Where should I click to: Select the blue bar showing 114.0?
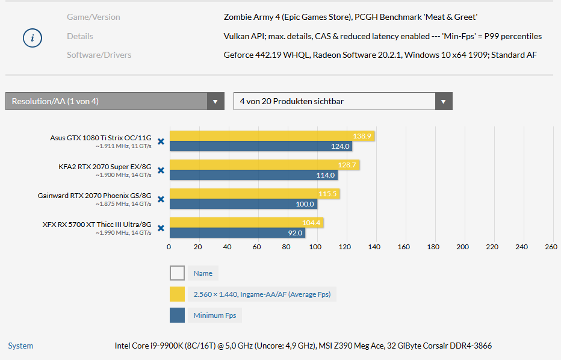tap(253, 175)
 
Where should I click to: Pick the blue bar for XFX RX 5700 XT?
tap(235, 233)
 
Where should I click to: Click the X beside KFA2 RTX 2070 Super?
tap(161, 170)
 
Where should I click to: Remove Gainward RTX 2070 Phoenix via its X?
tap(161, 199)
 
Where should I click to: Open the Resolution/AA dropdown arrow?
tap(215, 101)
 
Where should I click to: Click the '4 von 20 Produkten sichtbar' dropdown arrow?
tap(444, 101)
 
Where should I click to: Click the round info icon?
tap(33, 38)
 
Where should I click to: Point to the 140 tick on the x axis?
tap(374, 247)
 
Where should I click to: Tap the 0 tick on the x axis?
tap(169, 247)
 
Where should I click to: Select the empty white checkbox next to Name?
tap(177, 273)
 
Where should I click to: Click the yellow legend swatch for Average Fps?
tap(177, 294)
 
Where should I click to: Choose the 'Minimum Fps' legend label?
tap(215, 315)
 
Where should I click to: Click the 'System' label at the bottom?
tap(20, 346)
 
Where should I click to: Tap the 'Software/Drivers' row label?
tap(99, 55)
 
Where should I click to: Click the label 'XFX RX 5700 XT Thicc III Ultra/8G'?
tap(96, 225)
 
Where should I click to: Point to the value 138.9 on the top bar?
tap(362, 136)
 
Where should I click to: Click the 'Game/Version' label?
tap(93, 17)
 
